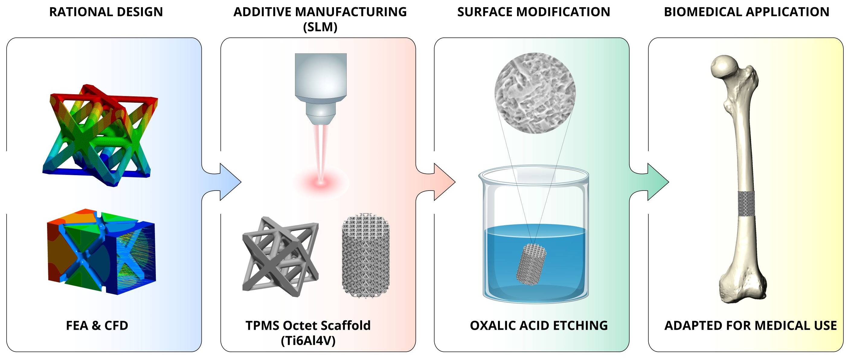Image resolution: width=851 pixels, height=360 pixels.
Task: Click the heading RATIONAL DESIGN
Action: pos(106,12)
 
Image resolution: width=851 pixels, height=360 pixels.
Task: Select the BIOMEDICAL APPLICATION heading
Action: pos(747,12)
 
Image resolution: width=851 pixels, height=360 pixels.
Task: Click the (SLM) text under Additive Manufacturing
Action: pos(320,27)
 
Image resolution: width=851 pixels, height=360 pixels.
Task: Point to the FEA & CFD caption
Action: pos(97,326)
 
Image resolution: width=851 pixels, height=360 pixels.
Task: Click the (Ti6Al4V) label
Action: pos(308,340)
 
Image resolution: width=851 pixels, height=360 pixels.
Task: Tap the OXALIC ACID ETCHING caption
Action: pos(539,326)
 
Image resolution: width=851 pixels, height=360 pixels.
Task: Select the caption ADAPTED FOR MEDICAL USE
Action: pos(750,326)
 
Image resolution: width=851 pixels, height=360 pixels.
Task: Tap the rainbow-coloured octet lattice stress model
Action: pos(100,135)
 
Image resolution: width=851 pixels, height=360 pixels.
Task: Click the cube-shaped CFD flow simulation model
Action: pos(101,252)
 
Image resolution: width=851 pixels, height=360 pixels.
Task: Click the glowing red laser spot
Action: pos(321,182)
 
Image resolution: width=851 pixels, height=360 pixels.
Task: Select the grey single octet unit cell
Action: pos(281,257)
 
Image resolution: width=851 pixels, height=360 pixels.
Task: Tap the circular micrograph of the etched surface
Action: pos(535,93)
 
